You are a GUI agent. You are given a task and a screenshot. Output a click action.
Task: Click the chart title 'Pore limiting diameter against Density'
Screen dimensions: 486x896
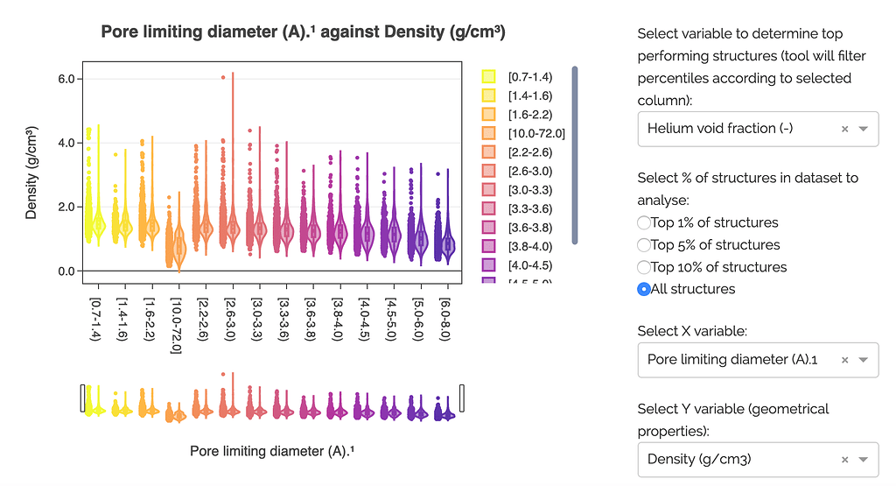point(303,32)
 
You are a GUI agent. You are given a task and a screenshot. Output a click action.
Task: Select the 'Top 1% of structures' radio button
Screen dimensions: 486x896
point(644,222)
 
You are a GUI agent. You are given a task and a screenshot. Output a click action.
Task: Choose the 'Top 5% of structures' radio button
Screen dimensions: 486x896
point(644,245)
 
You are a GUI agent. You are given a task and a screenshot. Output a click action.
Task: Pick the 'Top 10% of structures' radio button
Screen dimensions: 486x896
point(644,267)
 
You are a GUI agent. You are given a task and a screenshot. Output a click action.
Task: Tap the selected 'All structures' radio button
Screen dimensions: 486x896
point(644,289)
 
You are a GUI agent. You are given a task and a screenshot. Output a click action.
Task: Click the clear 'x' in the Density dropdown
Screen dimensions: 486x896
point(844,460)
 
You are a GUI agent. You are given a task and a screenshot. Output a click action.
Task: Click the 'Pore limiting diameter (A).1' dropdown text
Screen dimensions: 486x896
point(731,360)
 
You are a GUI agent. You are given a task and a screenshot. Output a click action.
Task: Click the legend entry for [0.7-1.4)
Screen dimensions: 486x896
point(529,77)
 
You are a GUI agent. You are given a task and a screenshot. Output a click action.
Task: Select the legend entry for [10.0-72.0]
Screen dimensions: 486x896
point(536,133)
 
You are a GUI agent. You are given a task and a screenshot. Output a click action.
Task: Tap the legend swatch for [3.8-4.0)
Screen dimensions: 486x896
point(488,246)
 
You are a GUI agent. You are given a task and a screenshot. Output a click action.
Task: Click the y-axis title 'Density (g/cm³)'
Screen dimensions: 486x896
point(31,176)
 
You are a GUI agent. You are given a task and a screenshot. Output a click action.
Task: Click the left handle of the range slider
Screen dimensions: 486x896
point(83,398)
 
